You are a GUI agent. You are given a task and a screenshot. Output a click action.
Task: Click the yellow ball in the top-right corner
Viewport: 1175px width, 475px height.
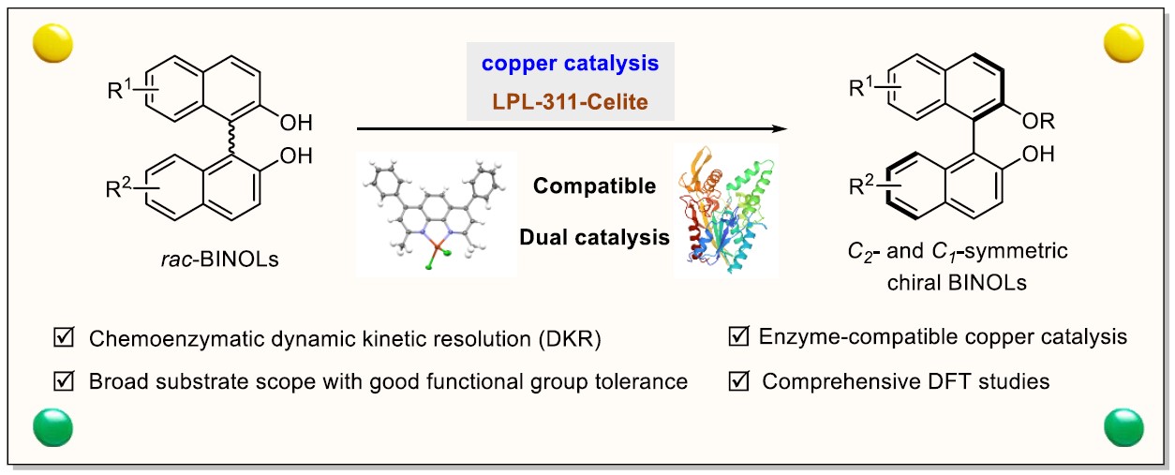point(1123,42)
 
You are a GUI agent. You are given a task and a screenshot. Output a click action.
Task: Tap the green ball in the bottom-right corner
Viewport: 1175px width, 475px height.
point(1123,427)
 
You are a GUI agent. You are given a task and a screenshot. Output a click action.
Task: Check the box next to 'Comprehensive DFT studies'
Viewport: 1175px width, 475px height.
point(739,382)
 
